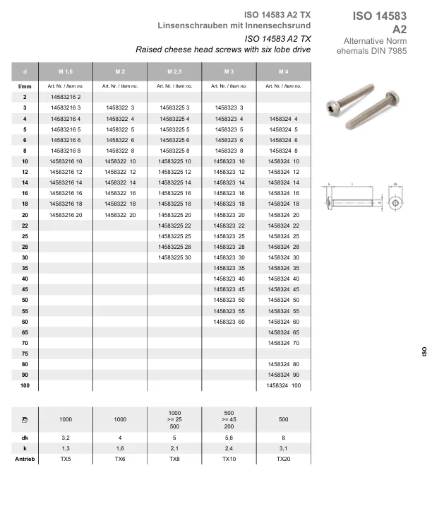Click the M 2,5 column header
(175, 73)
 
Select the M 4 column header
(284, 73)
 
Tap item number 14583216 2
(66, 96)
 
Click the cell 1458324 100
(284, 385)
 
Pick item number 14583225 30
(175, 257)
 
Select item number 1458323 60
(229, 322)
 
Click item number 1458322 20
(120, 214)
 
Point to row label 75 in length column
(25, 353)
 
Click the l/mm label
(25, 86)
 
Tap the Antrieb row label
(25, 459)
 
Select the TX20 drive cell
(284, 459)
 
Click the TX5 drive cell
(66, 459)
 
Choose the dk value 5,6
(229, 438)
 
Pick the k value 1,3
(66, 448)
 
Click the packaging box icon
(25, 420)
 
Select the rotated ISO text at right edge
(424, 351)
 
